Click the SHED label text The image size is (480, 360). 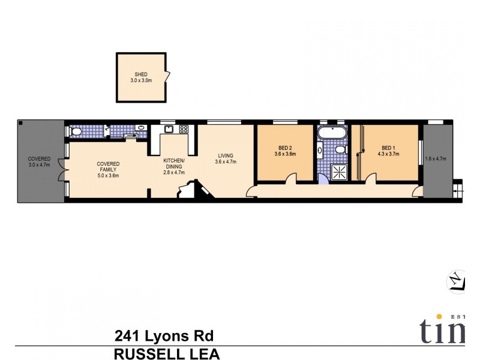(x=140, y=74)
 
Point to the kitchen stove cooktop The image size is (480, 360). (x=184, y=129)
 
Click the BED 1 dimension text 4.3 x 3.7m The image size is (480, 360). (x=389, y=154)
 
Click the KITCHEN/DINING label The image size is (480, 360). (x=175, y=163)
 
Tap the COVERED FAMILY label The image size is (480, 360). (x=108, y=167)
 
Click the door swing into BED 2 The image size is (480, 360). (x=290, y=178)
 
